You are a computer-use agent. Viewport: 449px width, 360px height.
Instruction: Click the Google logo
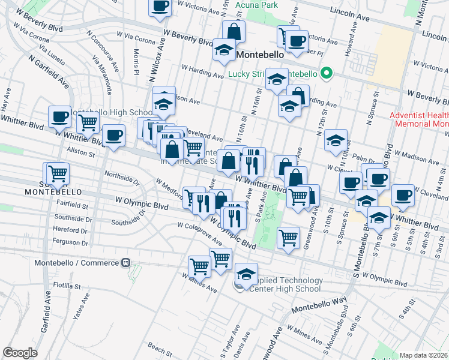point(19,353)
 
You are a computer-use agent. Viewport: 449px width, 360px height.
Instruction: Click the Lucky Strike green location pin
point(326,74)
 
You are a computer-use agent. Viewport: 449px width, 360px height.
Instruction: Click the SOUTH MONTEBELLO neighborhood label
point(49,191)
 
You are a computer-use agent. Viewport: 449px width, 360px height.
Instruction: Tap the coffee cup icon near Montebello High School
point(59,117)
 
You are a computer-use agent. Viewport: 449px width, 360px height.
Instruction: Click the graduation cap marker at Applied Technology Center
point(246,274)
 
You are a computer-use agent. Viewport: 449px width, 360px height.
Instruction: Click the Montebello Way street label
point(319,305)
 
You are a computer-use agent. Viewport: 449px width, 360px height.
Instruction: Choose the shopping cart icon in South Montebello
point(58,173)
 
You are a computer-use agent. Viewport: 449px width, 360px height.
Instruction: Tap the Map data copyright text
point(424,355)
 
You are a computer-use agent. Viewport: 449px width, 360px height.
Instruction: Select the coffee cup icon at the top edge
point(160,7)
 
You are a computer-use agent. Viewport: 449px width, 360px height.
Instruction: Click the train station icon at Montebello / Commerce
point(126,263)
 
